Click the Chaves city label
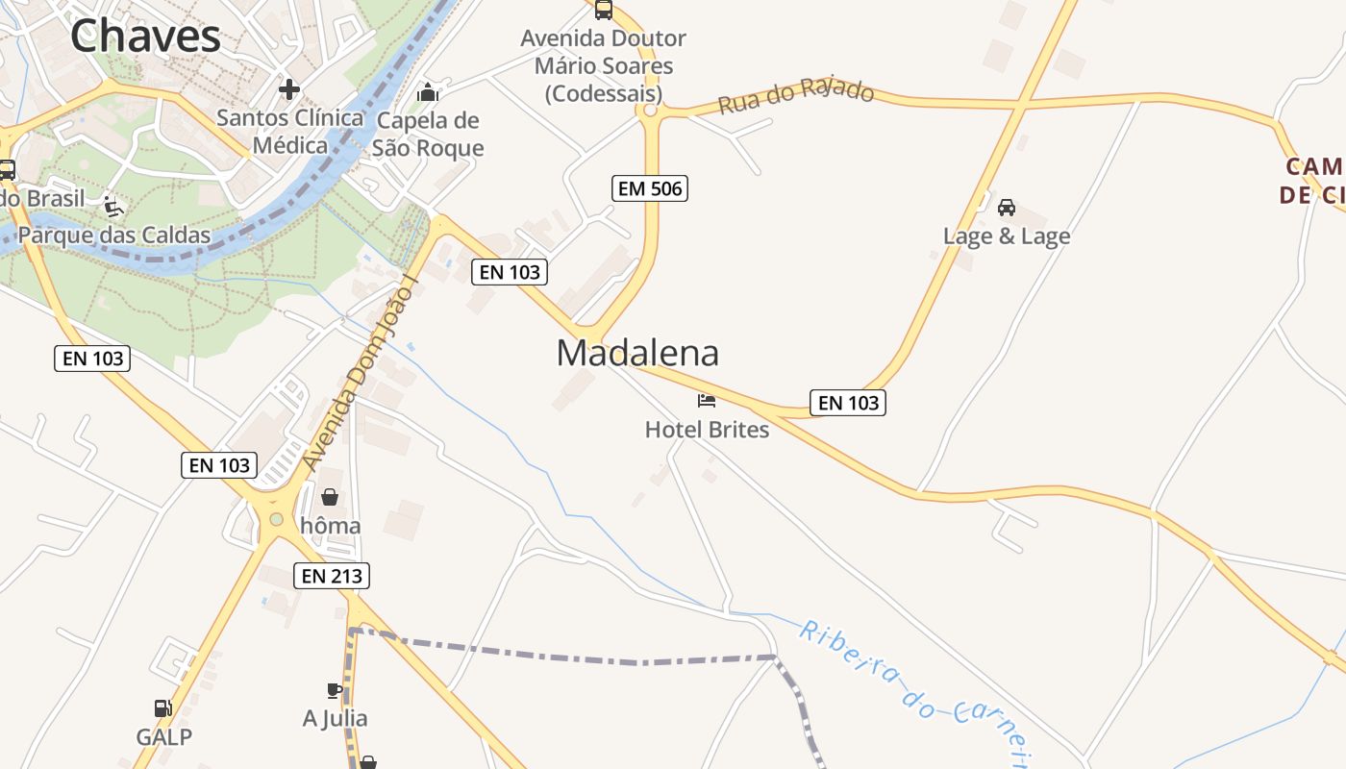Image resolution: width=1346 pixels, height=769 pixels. tap(145, 37)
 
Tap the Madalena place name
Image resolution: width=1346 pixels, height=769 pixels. tap(637, 353)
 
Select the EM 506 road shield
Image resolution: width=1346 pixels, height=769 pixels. tap(650, 188)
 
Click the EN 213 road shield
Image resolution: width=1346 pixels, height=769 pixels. tap(333, 576)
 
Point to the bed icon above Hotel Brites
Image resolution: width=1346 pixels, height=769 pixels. tap(707, 400)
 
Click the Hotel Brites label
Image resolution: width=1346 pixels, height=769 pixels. tap(707, 429)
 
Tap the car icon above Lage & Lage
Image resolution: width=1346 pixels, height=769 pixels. tap(1007, 207)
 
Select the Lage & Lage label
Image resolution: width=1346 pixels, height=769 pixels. tap(1007, 236)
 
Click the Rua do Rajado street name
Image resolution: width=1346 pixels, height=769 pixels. tap(796, 96)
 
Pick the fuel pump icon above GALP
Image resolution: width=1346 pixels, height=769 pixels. tap(163, 708)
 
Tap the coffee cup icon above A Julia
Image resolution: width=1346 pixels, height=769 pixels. tap(334, 690)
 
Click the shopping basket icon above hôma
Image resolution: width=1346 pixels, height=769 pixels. tap(330, 497)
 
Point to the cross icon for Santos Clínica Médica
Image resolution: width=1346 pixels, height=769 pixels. tap(288, 89)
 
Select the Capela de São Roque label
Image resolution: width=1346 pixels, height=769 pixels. tap(428, 134)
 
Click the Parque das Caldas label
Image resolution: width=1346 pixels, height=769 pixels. tap(114, 235)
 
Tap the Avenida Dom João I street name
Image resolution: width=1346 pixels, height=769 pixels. tap(362, 375)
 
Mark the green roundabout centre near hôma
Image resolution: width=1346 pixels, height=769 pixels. tap(277, 520)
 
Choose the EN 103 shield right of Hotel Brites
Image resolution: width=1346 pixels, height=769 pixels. tap(847, 403)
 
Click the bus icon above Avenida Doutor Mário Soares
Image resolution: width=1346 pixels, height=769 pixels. tap(603, 10)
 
